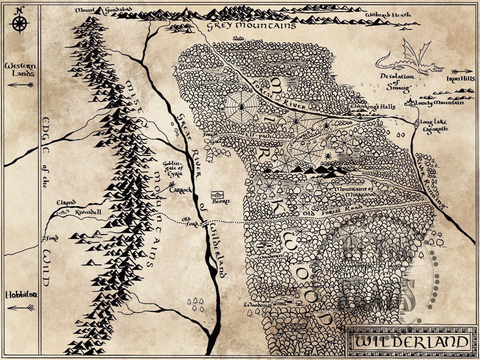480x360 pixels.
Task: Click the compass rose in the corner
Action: [x=20, y=23]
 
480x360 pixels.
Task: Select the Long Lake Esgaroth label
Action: [x=433, y=125]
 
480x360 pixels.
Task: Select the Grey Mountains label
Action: [x=251, y=26]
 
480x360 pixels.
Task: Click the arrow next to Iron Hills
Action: [x=462, y=71]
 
